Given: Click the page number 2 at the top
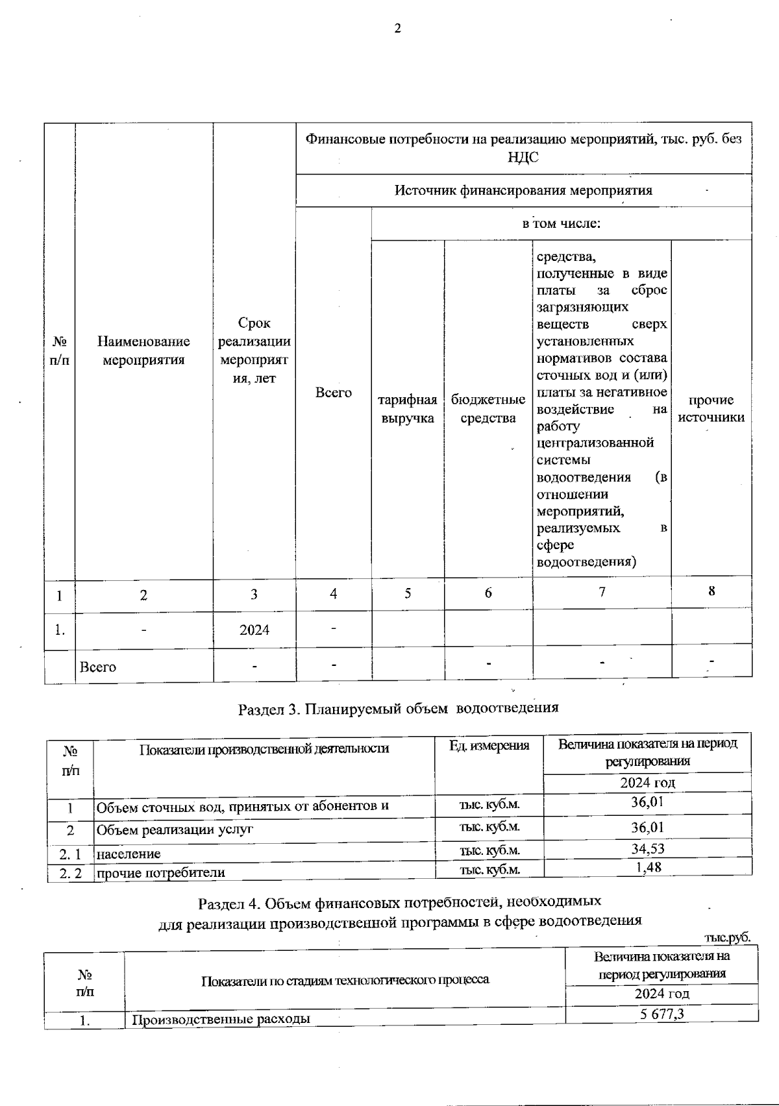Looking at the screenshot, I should click(x=397, y=29).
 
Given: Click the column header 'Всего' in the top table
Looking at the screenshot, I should click(x=333, y=393).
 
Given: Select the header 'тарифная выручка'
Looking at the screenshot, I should click(x=408, y=410).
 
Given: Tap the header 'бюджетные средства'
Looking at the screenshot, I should click(x=488, y=410).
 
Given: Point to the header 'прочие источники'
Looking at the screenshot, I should click(x=711, y=409).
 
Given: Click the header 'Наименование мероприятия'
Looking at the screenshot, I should click(x=143, y=350).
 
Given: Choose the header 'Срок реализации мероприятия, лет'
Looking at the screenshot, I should click(x=254, y=350).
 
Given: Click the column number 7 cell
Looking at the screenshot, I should click(x=602, y=592).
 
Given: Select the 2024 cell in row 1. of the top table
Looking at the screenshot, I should click(x=254, y=630).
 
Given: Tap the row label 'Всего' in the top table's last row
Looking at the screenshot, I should click(x=98, y=667).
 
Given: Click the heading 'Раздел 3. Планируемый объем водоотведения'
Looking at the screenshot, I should click(x=398, y=708).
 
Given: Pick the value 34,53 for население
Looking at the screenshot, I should click(x=647, y=848).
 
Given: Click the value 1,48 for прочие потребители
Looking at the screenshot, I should click(x=647, y=867).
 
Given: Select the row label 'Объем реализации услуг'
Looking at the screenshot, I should click(x=175, y=829).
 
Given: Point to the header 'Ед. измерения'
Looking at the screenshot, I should click(x=489, y=746).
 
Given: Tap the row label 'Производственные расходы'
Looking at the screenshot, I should click(x=221, y=1019).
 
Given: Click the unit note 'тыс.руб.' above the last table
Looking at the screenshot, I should click(x=727, y=937).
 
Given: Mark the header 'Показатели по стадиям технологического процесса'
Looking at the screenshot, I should click(x=345, y=980).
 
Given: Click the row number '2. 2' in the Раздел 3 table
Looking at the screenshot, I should click(x=71, y=873).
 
